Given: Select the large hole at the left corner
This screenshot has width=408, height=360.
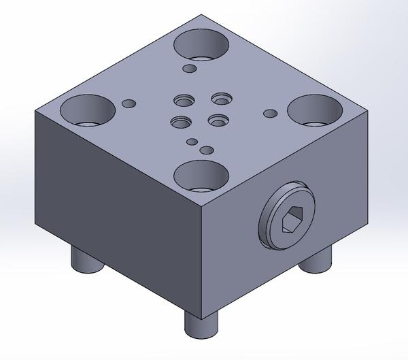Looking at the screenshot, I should click(88, 110).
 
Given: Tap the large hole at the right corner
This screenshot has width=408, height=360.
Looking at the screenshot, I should click(313, 110).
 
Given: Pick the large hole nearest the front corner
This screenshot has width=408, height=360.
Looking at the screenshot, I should click(201, 176).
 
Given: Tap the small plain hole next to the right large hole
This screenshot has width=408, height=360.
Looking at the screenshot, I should click(270, 113).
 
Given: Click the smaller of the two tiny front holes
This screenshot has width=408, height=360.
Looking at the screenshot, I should click(192, 142).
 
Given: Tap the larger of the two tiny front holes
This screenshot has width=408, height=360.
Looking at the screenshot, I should click(206, 150).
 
